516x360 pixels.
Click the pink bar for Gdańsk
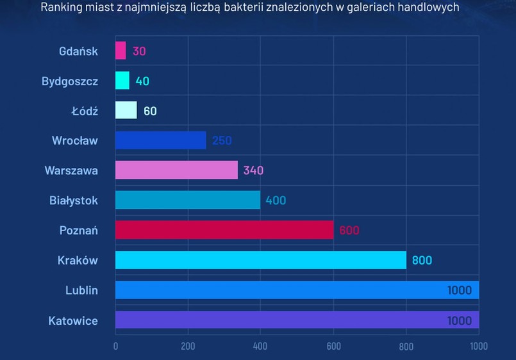[x=121, y=51]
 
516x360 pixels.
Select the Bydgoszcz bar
[x=122, y=81]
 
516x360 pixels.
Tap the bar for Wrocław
[x=161, y=140]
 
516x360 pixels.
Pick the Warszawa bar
[x=176, y=170]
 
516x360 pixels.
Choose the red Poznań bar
[x=224, y=230]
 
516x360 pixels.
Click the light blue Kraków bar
[x=261, y=260]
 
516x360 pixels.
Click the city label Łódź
[x=85, y=111]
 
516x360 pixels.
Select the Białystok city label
[x=74, y=200]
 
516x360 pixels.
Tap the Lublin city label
[x=81, y=290]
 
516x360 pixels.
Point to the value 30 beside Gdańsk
[x=139, y=51]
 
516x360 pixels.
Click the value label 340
[x=253, y=170]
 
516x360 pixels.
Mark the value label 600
[x=349, y=231]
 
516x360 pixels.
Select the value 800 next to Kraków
[x=422, y=260]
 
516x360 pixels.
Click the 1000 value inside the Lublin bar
[x=459, y=290]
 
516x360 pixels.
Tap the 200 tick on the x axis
[x=188, y=347]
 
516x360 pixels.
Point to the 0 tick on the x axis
[x=115, y=347]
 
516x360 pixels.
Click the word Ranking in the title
[x=60, y=8]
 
